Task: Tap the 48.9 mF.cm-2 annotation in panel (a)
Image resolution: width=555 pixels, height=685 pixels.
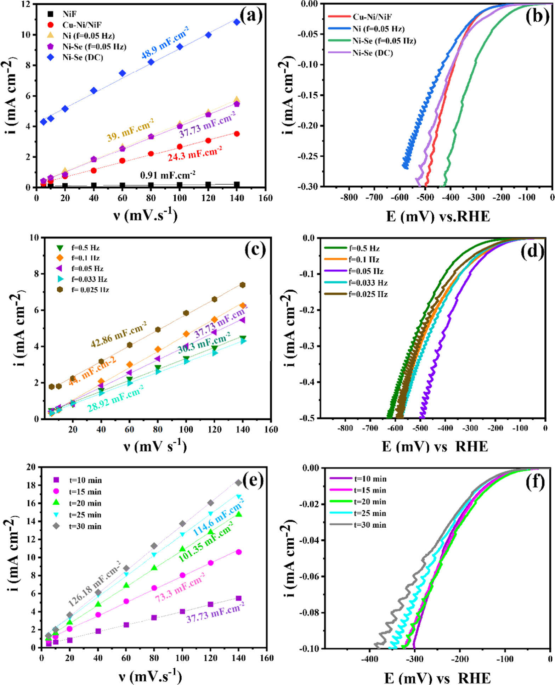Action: (165, 43)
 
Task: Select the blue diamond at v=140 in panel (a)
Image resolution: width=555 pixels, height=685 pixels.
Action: (237, 22)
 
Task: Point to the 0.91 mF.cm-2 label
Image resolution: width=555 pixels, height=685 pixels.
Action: (168, 175)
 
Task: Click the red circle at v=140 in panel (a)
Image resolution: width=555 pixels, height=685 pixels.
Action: (237, 134)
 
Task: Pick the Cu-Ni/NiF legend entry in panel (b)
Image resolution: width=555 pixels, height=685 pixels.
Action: (372, 17)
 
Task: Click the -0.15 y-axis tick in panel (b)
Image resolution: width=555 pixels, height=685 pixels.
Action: (307, 95)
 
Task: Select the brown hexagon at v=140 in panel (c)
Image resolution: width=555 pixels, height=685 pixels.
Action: (243, 285)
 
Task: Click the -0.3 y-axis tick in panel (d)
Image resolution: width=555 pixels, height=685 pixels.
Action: (306, 346)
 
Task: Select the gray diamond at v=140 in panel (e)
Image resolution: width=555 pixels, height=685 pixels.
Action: (239, 483)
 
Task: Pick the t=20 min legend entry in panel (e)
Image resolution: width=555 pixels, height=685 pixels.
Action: (85, 503)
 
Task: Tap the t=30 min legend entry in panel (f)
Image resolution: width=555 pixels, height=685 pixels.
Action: (370, 525)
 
